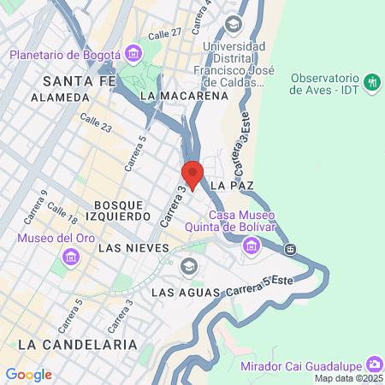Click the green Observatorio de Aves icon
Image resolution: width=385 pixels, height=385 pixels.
372,82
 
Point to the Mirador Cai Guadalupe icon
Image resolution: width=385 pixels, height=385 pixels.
374,362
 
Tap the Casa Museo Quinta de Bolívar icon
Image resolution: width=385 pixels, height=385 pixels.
252,247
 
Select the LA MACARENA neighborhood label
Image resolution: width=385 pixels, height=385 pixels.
185,96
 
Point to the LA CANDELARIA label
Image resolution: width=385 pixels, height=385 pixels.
76,344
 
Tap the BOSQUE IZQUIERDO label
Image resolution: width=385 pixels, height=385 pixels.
122,211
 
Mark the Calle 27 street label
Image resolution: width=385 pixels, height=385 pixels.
164,33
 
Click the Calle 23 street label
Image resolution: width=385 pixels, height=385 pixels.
96,122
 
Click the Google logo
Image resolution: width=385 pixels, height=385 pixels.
28,374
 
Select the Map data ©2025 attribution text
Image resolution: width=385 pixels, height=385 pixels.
347,378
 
